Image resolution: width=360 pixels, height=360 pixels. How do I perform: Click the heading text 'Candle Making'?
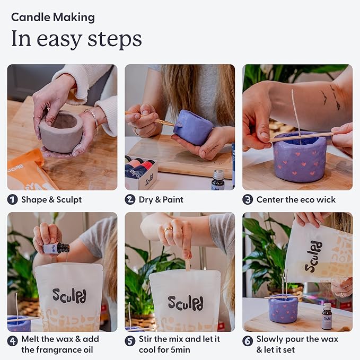pyautogui.click(x=53, y=17)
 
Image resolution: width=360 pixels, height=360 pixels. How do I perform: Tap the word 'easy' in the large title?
pyautogui.click(x=63, y=39)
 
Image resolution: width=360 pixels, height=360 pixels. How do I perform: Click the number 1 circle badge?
pyautogui.click(x=12, y=200)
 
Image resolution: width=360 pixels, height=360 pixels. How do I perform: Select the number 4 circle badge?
pyautogui.click(x=12, y=339)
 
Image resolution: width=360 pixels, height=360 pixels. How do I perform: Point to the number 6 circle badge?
pyautogui.click(x=248, y=339)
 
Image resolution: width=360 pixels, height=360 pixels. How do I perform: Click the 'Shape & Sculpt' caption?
pyautogui.click(x=51, y=200)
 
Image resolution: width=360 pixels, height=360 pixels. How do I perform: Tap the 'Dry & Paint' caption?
pyautogui.click(x=161, y=200)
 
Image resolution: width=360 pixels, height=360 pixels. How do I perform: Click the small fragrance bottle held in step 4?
pyautogui.click(x=57, y=248)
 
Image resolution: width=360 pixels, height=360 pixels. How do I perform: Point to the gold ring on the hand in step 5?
pyautogui.click(x=168, y=230)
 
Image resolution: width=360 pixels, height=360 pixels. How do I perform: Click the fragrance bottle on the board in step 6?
pyautogui.click(x=327, y=317)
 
